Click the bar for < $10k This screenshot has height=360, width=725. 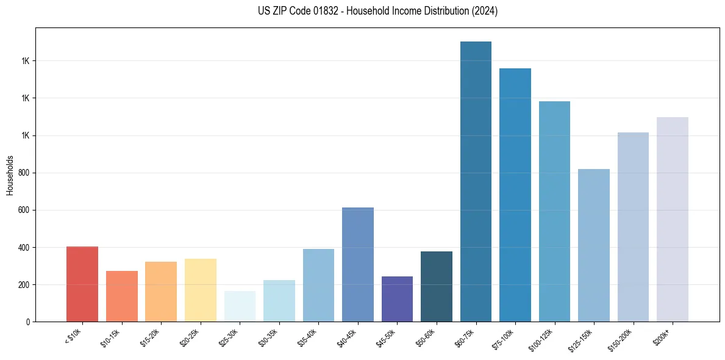click(x=82, y=284)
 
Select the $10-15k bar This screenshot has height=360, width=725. click(x=121, y=296)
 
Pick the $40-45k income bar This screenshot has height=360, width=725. click(x=358, y=264)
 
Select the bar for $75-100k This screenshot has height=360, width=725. click(x=515, y=195)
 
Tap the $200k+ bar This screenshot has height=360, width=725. click(x=673, y=219)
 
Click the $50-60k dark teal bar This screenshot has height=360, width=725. click(x=437, y=286)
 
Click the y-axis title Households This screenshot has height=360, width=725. click(x=10, y=175)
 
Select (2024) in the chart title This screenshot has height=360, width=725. click(x=485, y=11)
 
